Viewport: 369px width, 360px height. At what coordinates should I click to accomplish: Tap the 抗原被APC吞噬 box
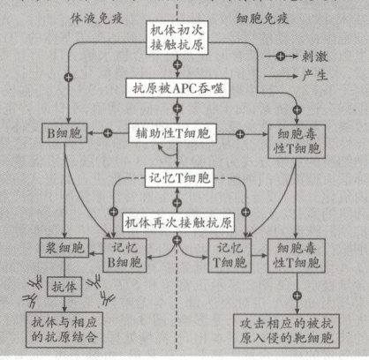point(178,89)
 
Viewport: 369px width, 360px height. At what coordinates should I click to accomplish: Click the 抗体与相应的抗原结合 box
point(63,329)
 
